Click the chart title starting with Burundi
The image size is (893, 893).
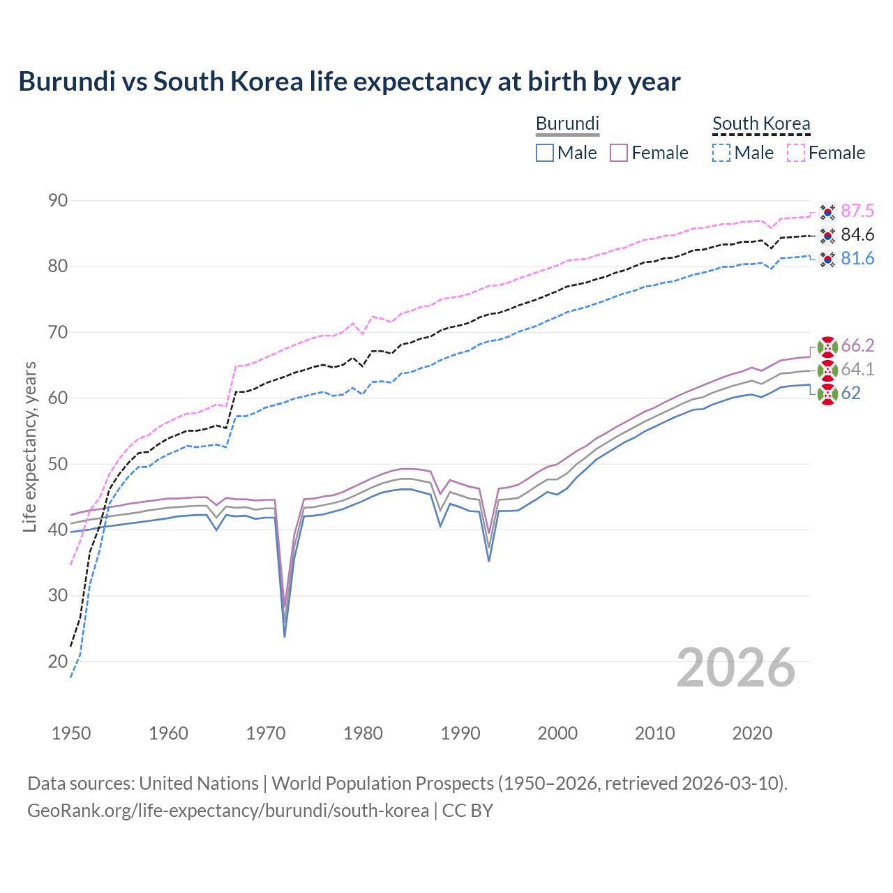coord(349,82)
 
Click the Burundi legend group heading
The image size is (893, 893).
coord(567,123)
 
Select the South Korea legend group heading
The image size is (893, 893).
coord(761,123)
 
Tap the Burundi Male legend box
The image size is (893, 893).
coord(545,153)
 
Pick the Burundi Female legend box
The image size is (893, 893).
coord(619,153)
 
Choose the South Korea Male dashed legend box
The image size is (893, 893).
coord(721,153)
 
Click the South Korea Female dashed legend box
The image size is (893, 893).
coord(796,153)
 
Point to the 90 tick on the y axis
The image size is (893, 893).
coord(58,201)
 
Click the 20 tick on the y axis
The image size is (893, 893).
coord(58,661)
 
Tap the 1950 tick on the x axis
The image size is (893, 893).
coord(71,733)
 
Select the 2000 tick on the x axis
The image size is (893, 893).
coord(557,733)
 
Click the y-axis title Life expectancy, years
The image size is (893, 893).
coord(30,446)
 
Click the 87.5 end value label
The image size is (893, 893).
coord(857,211)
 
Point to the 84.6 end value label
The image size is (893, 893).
coord(857,235)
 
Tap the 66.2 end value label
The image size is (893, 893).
coord(857,346)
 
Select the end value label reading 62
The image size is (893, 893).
coord(850,393)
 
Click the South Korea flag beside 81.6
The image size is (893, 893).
coord(827,259)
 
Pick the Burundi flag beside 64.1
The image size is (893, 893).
coord(827,370)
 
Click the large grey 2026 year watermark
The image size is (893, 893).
coord(735,668)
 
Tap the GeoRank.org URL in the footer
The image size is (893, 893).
coord(228,811)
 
